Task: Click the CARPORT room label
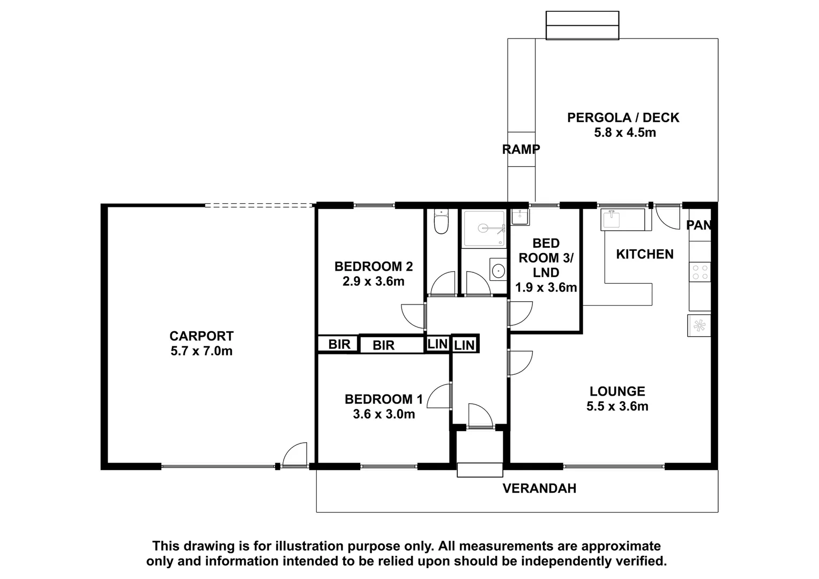[x=201, y=336]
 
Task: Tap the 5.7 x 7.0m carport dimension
[x=201, y=351]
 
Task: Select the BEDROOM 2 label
[x=373, y=266]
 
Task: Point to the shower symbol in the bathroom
[x=484, y=229]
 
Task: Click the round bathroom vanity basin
[x=498, y=270]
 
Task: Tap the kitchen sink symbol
[x=611, y=219]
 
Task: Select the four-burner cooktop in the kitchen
[x=699, y=272]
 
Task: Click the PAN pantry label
[x=699, y=225]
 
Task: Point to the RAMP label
[x=520, y=150]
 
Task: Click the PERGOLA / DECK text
[x=623, y=117]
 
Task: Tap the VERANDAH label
[x=539, y=488]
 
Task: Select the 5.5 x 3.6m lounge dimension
[x=617, y=406]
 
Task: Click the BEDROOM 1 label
[x=383, y=399]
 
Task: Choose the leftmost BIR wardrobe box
[x=339, y=344]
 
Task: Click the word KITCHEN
[x=644, y=254]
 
